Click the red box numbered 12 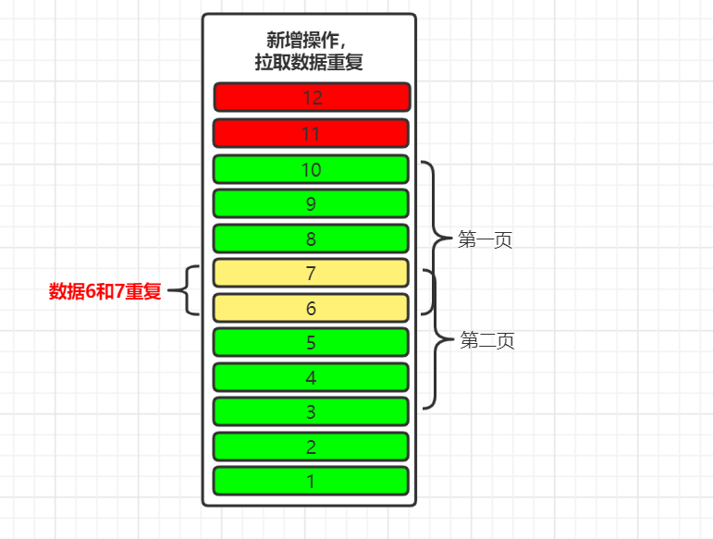(311, 97)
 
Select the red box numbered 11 (311, 133)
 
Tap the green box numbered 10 (311, 169)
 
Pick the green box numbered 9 (311, 203)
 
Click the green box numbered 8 (311, 239)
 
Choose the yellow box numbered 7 (311, 273)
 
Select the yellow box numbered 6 (311, 308)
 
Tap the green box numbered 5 (311, 342)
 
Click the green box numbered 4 (311, 377)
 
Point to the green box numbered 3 (311, 411)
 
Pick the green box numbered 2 (311, 447)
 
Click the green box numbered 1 (311, 481)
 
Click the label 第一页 (486, 240)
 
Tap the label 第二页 (487, 341)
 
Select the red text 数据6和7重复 (104, 292)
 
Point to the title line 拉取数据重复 (309, 63)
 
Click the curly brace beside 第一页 (434, 239)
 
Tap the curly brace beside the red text (188, 291)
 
